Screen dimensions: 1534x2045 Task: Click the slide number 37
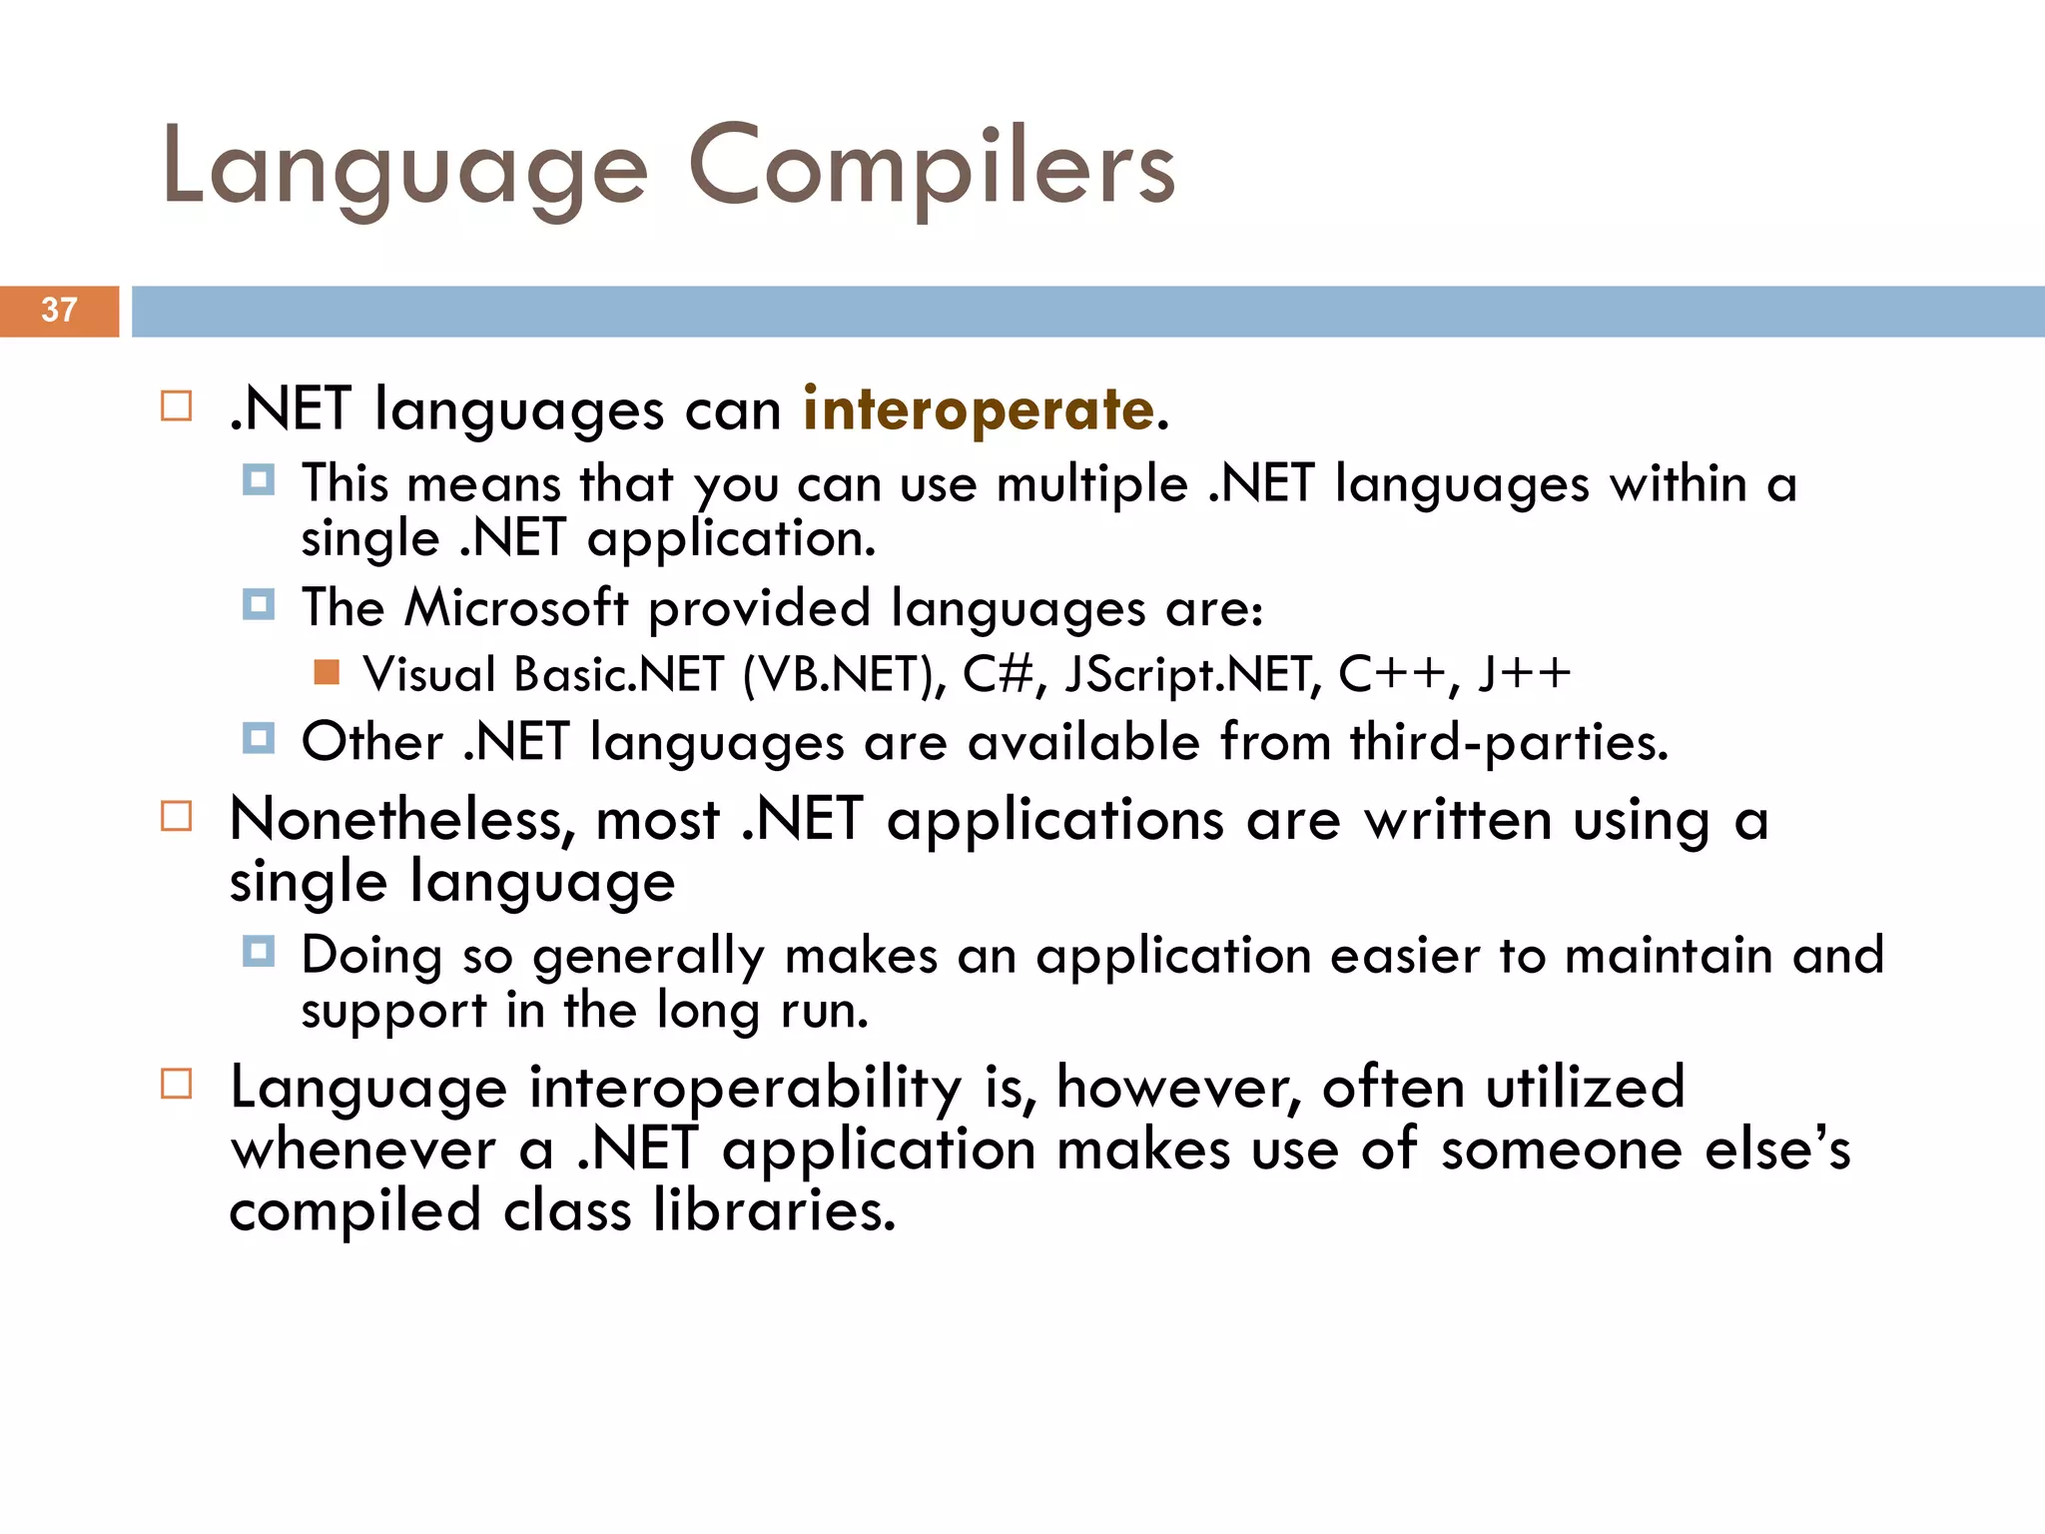(59, 311)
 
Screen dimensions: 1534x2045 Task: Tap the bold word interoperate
(979, 409)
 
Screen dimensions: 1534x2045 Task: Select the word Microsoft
(516, 608)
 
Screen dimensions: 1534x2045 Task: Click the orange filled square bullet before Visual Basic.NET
(327, 672)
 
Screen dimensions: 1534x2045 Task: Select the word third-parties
(1509, 743)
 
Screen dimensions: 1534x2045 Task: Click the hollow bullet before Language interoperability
(177, 1084)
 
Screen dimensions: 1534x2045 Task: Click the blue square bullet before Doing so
(259, 951)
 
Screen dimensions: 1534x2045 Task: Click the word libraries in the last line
(774, 1210)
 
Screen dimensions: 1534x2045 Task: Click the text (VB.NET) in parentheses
(844, 674)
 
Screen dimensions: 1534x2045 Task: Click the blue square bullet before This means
(259, 480)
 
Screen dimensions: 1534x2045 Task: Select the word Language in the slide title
(404, 168)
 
